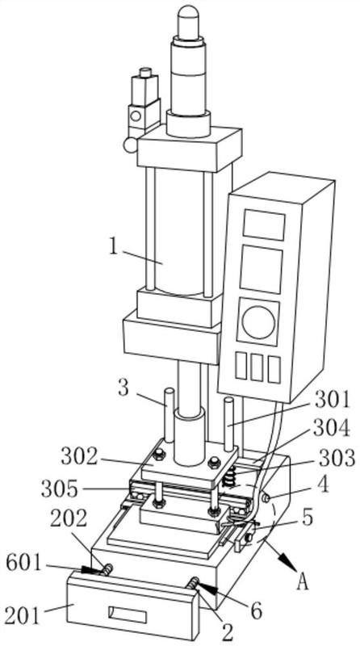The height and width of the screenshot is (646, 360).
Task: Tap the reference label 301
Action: click(x=332, y=400)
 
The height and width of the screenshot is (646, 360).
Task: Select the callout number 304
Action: click(x=332, y=429)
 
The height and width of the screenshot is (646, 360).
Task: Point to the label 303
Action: click(x=337, y=458)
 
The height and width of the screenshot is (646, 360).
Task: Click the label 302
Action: click(x=79, y=456)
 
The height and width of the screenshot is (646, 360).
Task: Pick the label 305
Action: click(x=59, y=489)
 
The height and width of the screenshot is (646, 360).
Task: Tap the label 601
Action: click(x=24, y=564)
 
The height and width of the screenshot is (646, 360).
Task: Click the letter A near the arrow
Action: click(x=303, y=582)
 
